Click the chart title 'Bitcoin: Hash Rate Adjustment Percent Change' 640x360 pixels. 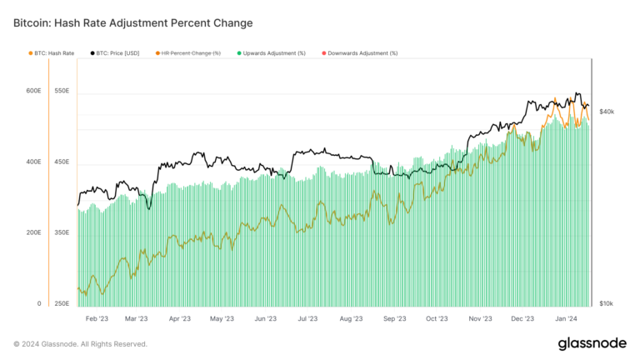132,22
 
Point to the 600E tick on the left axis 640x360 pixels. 32,91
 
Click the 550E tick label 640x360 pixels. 60,91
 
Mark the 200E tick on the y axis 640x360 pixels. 32,233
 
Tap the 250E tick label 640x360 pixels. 60,304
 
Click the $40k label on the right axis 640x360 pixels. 607,111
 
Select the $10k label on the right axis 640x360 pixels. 607,304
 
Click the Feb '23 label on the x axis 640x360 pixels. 97,318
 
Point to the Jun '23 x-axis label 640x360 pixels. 265,318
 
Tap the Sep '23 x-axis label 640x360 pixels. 395,318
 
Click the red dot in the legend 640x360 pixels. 323,52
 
